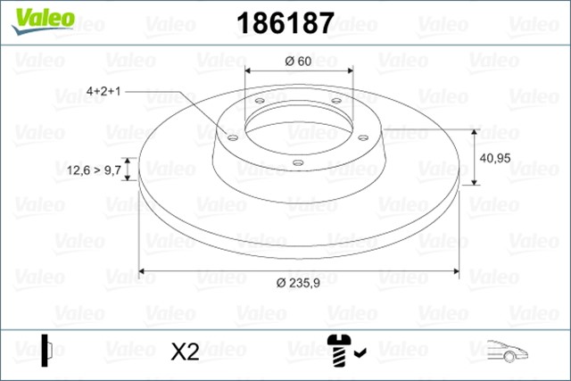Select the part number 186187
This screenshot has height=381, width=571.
(x=284, y=22)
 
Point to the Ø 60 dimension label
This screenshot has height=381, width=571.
(x=298, y=61)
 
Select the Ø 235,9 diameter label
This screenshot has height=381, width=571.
(x=298, y=283)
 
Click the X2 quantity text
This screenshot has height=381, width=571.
(x=184, y=351)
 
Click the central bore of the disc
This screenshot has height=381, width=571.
(x=298, y=124)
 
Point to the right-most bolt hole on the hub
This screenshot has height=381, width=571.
(x=364, y=137)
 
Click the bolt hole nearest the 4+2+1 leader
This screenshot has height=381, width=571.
(x=232, y=137)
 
